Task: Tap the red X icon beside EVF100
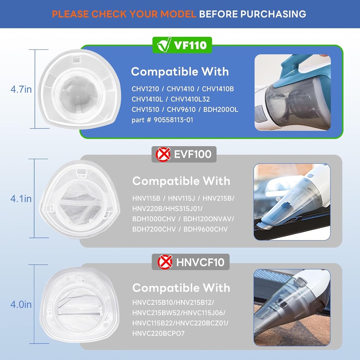(x=163, y=154)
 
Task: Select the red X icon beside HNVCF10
(x=165, y=262)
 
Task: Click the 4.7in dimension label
(x=21, y=89)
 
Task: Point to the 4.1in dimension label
(x=21, y=199)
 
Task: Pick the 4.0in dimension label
(x=21, y=304)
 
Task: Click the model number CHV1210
(x=145, y=89)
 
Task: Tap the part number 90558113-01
(x=173, y=120)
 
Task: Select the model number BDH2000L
(x=221, y=110)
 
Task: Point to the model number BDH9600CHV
(x=205, y=229)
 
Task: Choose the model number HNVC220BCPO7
(x=159, y=333)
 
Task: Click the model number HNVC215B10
(x=153, y=303)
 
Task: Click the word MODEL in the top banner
(x=178, y=14)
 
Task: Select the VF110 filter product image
(x=79, y=89)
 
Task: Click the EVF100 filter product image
(x=79, y=199)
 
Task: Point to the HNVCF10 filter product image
(x=79, y=304)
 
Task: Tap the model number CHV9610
(x=181, y=110)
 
